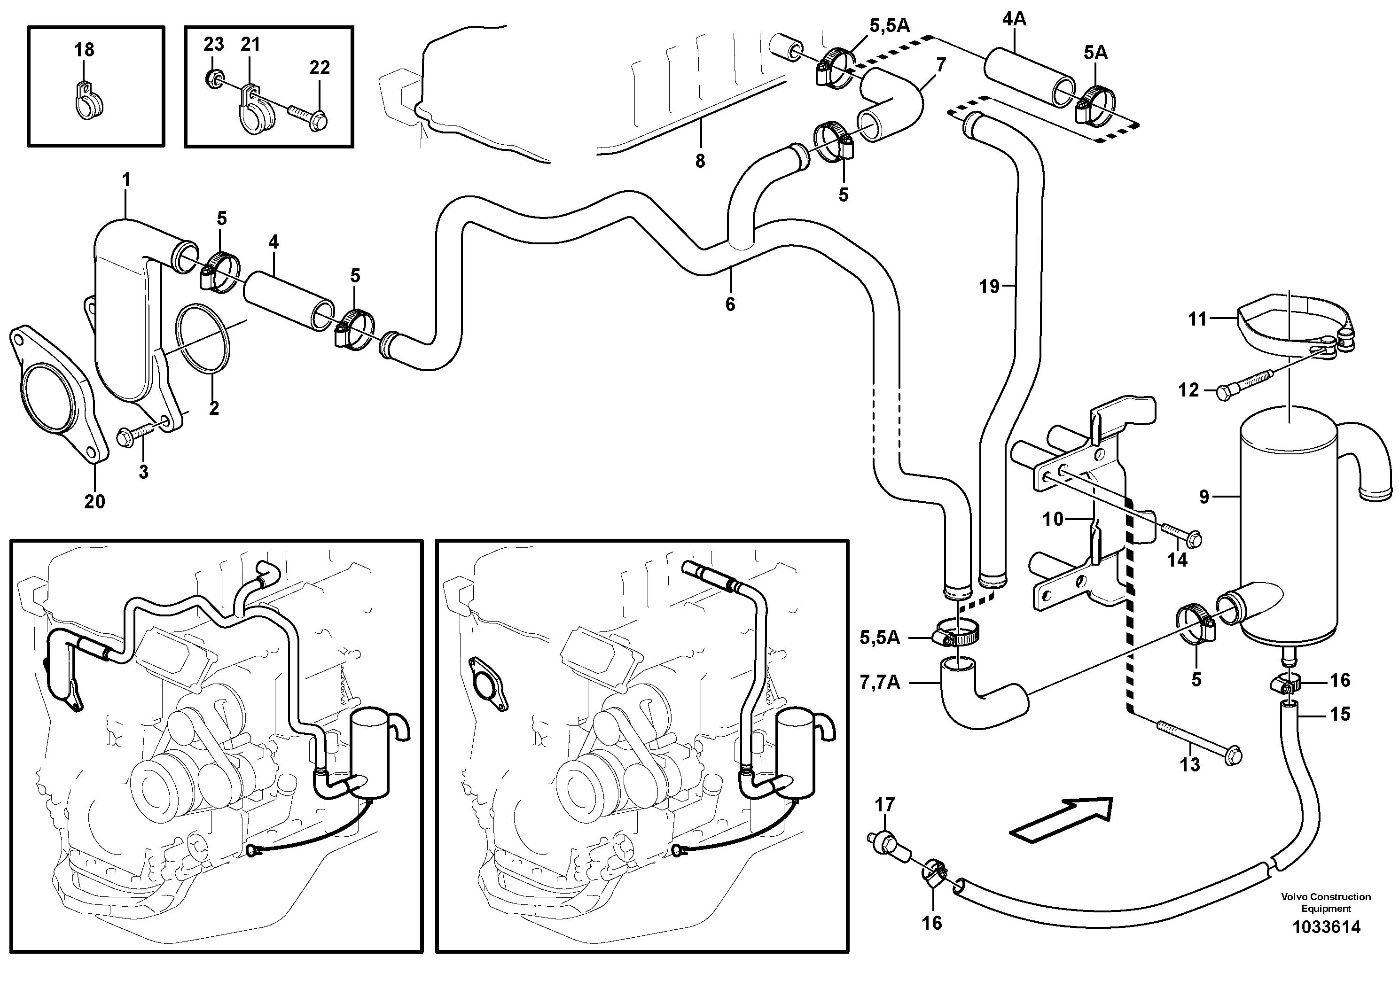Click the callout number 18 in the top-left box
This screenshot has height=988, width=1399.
click(84, 49)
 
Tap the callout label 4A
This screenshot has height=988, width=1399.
click(1014, 19)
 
